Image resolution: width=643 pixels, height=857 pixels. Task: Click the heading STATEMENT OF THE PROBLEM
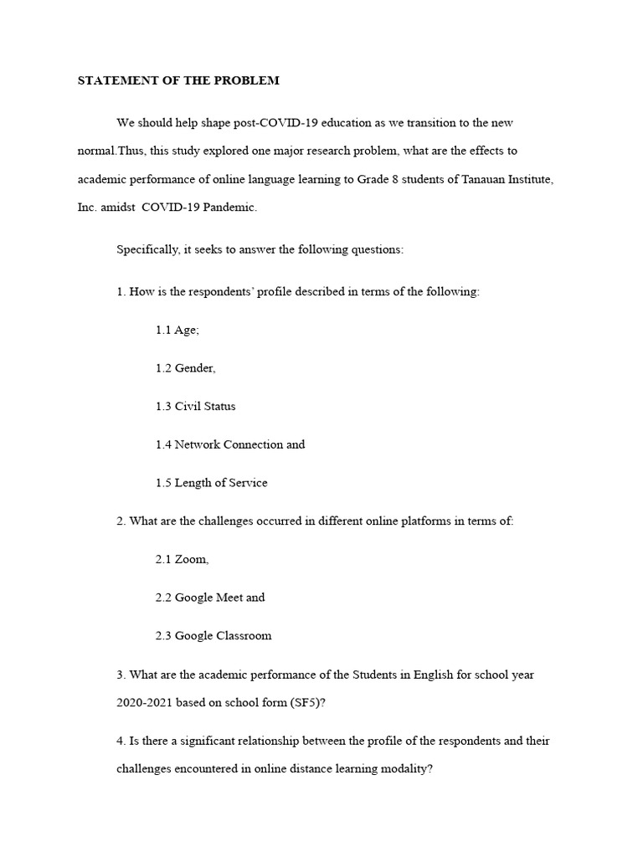tap(178, 81)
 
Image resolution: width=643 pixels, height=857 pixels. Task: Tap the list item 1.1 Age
tap(177, 330)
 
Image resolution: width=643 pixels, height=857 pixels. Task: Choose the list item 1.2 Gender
tap(185, 368)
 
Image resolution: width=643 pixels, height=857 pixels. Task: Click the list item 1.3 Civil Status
tap(195, 406)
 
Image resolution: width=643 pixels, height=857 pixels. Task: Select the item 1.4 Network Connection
tap(229, 444)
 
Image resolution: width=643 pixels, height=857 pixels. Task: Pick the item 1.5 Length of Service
tap(211, 483)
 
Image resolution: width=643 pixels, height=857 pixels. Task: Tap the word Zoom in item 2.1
tap(192, 559)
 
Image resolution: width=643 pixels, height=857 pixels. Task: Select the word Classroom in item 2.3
tap(244, 635)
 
